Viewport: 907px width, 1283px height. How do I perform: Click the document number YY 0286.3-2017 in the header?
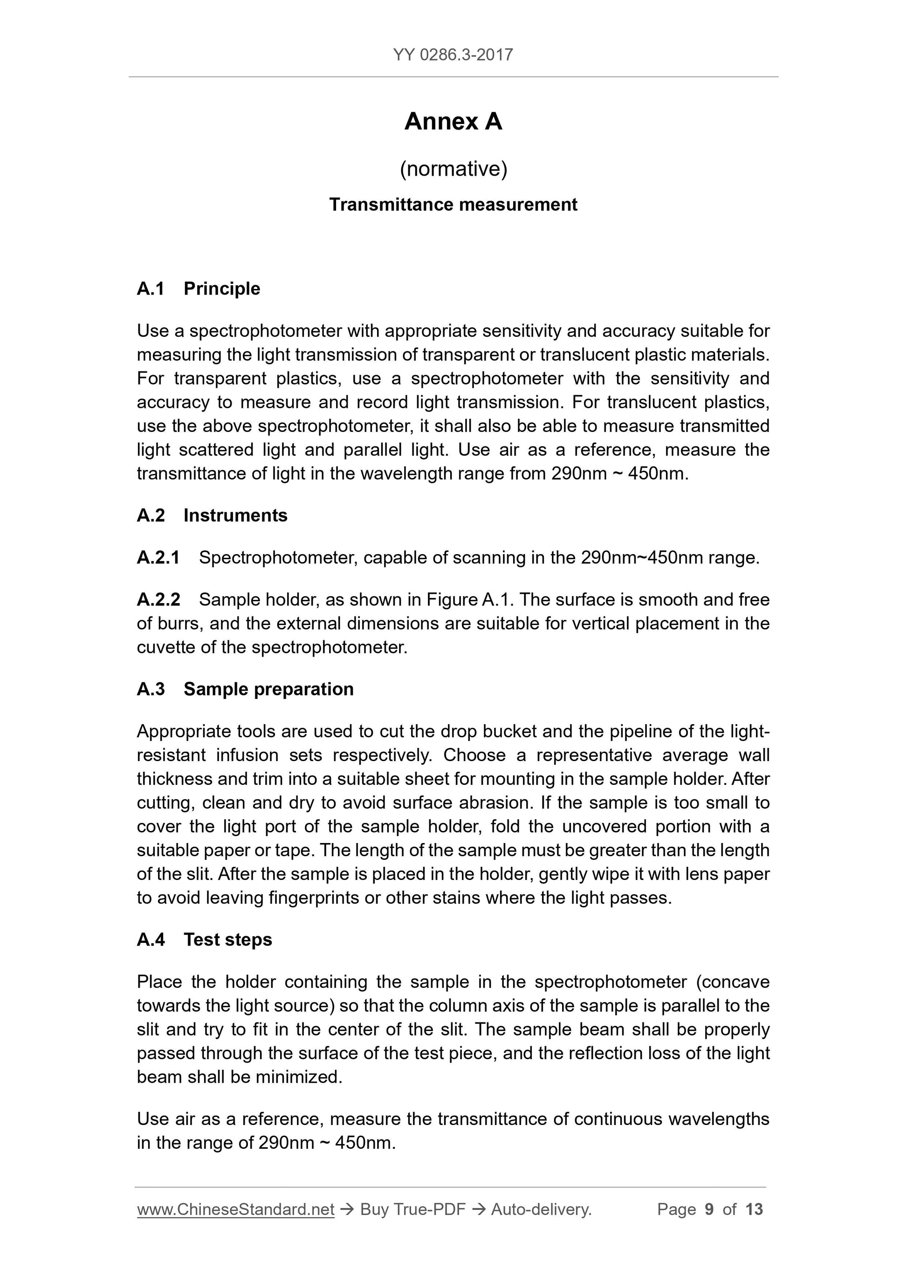point(453,55)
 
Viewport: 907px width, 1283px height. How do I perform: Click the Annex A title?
point(453,121)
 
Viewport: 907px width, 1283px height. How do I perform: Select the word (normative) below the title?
point(453,169)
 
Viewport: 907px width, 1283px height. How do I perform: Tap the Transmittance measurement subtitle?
point(453,205)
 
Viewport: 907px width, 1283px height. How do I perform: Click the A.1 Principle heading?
point(199,289)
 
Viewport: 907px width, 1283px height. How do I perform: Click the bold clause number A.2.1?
point(158,558)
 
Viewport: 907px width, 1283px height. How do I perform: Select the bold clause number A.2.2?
point(158,600)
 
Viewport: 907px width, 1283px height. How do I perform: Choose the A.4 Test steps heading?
point(204,940)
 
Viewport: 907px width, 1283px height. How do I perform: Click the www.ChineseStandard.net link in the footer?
point(235,1210)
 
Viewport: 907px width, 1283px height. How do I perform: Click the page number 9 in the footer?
point(709,1210)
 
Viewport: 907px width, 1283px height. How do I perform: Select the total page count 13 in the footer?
point(754,1210)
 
